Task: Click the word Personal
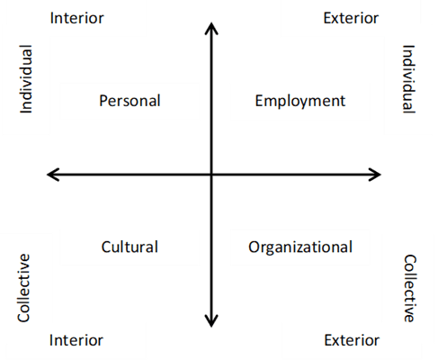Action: pos(130,101)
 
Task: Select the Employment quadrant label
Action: pos(300,102)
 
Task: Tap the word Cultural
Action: pos(130,247)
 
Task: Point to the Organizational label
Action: pos(300,248)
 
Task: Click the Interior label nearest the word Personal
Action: pos(76,18)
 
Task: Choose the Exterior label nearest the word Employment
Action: pos(351,18)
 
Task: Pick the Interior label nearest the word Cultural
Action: pos(76,340)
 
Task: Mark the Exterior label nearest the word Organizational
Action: pos(352,340)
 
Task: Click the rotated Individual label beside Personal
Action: pos(26,79)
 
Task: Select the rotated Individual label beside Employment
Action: pos(409,79)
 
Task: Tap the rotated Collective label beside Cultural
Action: pos(23,288)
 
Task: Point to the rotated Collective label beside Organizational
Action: pos(409,288)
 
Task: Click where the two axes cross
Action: pos(211,175)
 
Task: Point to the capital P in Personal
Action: pos(103,101)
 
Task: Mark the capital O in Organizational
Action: pos(254,247)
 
